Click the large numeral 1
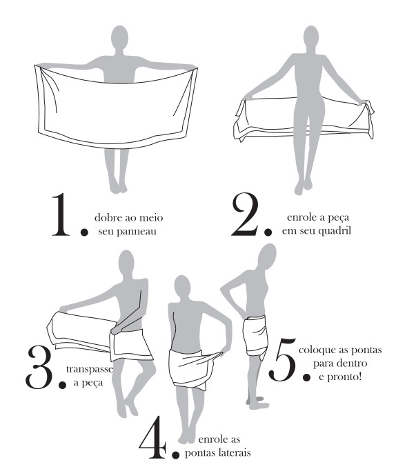pyautogui.click(x=61, y=214)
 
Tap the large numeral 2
pyautogui.click(x=245, y=214)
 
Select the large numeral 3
pyautogui.click(x=41, y=368)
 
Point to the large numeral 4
pyautogui.click(x=153, y=437)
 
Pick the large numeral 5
pyautogui.click(x=283, y=359)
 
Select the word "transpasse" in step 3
pyautogui.click(x=90, y=369)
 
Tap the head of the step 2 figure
pyautogui.click(x=311, y=37)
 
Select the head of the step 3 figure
pyautogui.click(x=126, y=263)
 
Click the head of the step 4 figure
pyautogui.click(x=182, y=286)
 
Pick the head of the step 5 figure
pyautogui.click(x=267, y=257)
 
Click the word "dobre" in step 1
pyautogui.click(x=105, y=217)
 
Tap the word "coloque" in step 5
pyautogui.click(x=317, y=350)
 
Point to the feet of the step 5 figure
pyautogui.click(x=257, y=402)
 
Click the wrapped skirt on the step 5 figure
pyautogui.click(x=256, y=336)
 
